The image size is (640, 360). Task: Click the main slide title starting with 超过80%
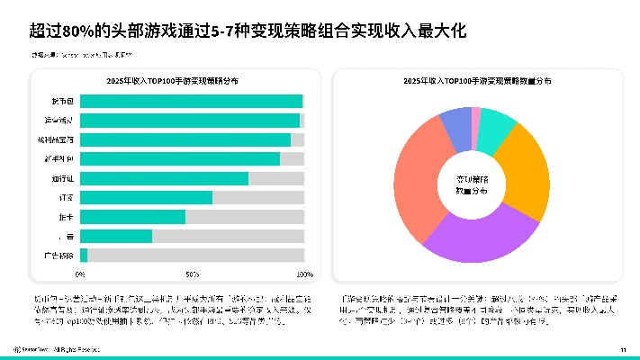tap(248, 32)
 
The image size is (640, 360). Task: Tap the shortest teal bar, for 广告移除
tap(84, 256)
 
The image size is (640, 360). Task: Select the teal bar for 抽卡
tap(132, 217)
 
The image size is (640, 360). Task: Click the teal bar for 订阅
tap(146, 197)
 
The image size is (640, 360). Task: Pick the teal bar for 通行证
tap(164, 178)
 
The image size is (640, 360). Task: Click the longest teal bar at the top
tap(191, 101)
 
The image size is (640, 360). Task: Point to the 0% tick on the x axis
tap(80, 274)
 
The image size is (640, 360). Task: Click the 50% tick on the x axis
tap(192, 274)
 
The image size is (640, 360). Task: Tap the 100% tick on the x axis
tap(304, 274)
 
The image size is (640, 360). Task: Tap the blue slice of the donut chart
tap(457, 124)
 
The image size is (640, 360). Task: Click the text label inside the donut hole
tap(471, 184)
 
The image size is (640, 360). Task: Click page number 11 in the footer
tap(622, 349)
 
